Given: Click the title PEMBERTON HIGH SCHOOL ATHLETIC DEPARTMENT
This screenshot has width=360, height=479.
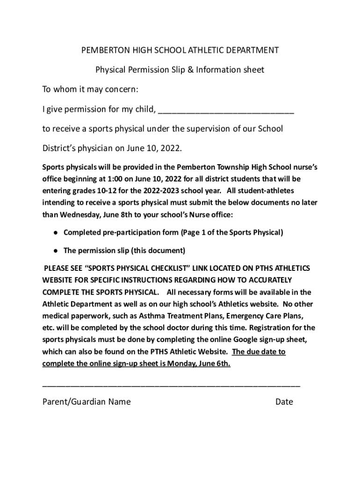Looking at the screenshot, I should pos(180,50).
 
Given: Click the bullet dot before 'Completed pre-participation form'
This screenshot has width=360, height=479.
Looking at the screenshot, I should pos(56,232).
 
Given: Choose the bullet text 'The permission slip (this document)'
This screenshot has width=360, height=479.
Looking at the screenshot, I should pos(124,250).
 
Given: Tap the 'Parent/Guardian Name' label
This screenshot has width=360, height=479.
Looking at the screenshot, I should pos(86,402).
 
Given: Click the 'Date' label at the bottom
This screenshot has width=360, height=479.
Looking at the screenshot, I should pos(284,402).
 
